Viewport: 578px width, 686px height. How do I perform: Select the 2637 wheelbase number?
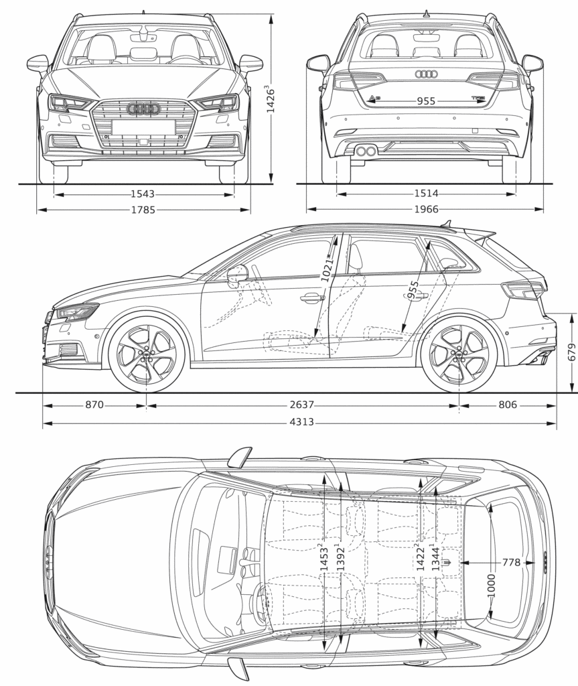(303, 405)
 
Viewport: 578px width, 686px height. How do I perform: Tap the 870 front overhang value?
(94, 405)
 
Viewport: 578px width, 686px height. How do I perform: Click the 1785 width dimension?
(143, 210)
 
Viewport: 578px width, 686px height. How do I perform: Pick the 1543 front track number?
(143, 194)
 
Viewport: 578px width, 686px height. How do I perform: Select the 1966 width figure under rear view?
(426, 210)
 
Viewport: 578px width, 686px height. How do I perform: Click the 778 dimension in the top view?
(511, 563)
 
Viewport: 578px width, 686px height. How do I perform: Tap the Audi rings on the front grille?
(143, 109)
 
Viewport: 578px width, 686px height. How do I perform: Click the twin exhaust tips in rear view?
(366, 151)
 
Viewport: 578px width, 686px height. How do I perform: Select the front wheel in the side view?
(146, 353)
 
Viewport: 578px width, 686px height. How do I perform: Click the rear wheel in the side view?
(459, 353)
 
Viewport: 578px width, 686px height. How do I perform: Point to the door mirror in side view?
(237, 274)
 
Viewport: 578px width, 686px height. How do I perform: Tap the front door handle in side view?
(312, 297)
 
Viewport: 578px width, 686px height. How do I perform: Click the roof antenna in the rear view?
(426, 13)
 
